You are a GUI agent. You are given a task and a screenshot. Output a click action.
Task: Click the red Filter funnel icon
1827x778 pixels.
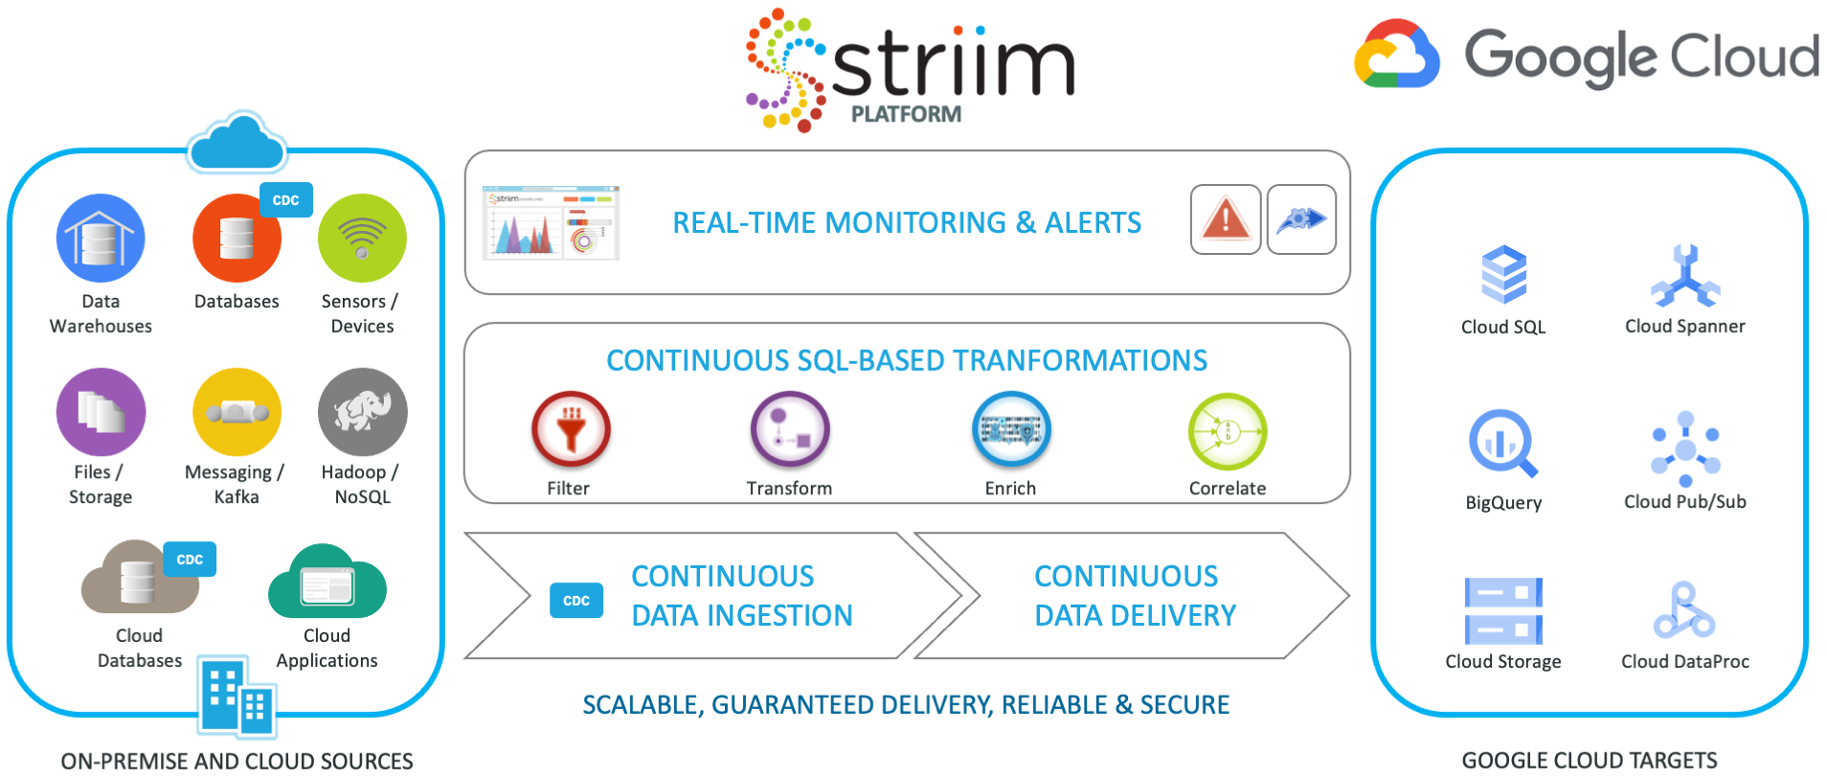[571, 429]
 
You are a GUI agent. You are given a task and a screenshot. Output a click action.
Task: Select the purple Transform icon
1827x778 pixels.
[790, 429]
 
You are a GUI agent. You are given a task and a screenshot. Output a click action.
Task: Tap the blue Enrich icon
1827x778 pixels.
[1011, 429]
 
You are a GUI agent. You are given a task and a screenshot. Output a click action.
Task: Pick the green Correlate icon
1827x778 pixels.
[1228, 432]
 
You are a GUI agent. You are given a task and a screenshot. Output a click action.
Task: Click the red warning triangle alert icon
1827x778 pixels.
[1226, 219]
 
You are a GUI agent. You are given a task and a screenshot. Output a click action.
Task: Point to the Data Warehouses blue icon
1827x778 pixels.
[101, 238]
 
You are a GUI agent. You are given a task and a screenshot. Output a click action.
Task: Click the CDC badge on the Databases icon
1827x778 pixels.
[286, 200]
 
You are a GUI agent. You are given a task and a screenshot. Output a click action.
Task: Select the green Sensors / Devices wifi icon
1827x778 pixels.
[362, 238]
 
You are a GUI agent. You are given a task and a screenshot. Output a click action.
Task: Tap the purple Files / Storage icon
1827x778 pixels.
[101, 412]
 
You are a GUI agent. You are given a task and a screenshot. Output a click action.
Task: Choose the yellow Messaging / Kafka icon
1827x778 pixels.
[237, 412]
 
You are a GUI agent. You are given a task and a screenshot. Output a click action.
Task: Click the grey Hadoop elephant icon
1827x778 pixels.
[362, 412]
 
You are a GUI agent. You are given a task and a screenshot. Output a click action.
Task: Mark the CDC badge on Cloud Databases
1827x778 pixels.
[190, 560]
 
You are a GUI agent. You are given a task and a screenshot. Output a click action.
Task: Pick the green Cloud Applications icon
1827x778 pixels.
[327, 583]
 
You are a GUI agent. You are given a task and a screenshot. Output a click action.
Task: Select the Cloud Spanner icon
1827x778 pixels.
[1685, 276]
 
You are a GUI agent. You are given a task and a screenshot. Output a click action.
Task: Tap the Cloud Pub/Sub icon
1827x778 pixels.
[1685, 448]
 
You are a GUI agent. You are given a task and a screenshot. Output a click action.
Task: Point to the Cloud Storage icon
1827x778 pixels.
[1503, 610]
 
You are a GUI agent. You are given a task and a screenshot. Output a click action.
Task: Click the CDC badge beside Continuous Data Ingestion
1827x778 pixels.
[576, 601]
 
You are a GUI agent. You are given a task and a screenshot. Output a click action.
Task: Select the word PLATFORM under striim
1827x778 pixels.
[906, 114]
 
